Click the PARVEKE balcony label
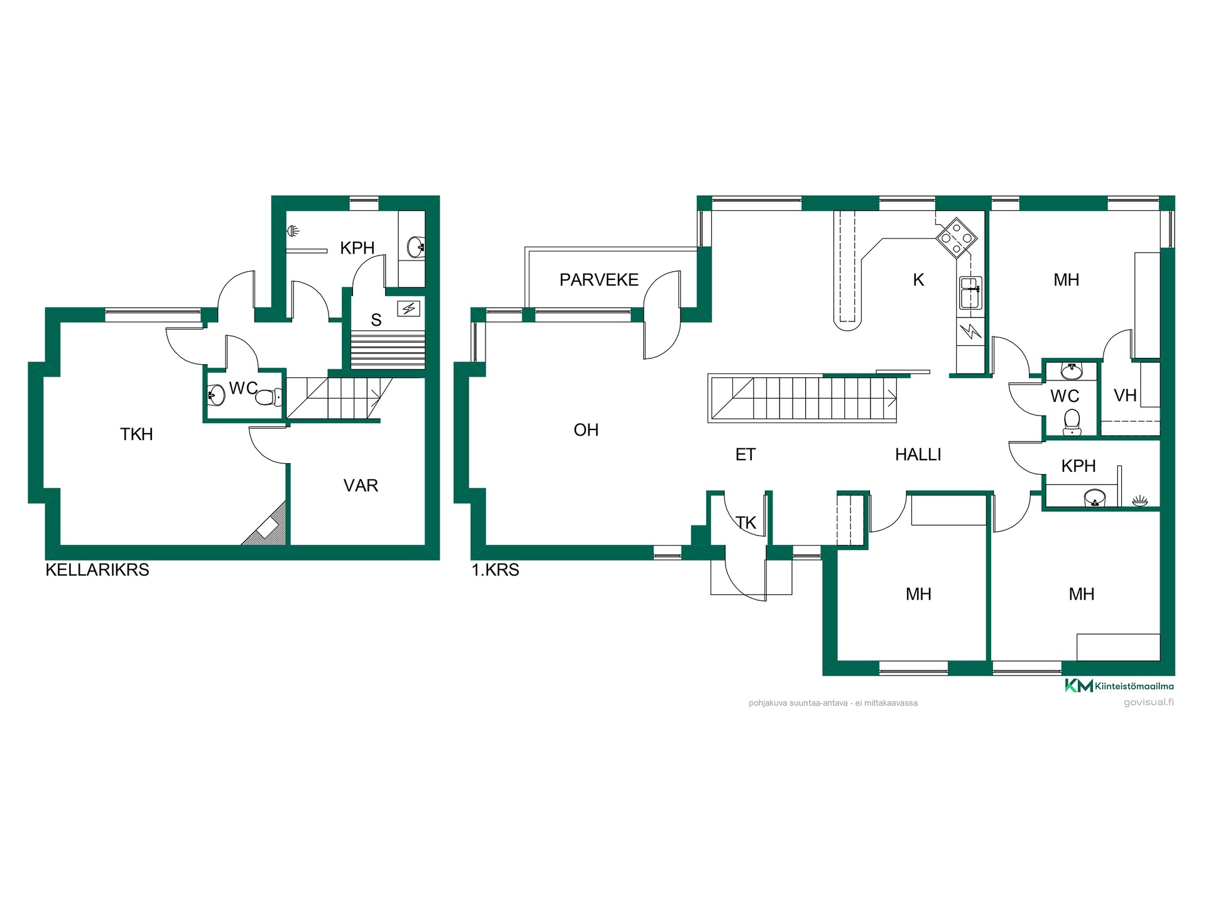point(599,280)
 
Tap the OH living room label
point(586,430)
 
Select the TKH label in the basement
point(136,434)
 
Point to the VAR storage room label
point(361,486)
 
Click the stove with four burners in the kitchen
point(957,238)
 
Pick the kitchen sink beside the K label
point(970,293)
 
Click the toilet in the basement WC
point(269,397)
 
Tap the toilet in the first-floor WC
point(1072,422)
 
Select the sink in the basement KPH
point(416,247)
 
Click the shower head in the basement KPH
point(293,231)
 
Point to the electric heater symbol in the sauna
point(409,308)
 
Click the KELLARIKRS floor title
point(97,570)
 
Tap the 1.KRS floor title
point(496,570)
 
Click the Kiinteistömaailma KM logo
point(1078,686)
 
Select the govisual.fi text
point(1149,702)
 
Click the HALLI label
point(918,455)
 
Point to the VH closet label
point(1125,395)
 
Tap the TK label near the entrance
point(746,523)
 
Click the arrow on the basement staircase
point(376,394)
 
